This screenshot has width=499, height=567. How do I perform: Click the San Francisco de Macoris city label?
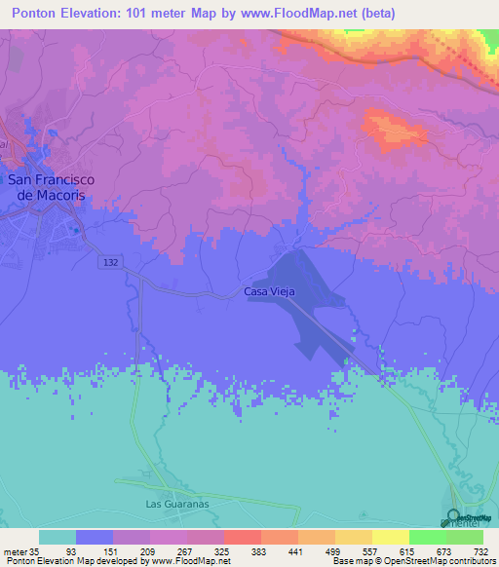(x=47, y=187)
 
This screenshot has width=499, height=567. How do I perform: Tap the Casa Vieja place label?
(x=269, y=291)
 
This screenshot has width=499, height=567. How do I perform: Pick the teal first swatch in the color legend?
(x=58, y=538)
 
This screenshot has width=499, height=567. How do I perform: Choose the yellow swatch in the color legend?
(x=390, y=538)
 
